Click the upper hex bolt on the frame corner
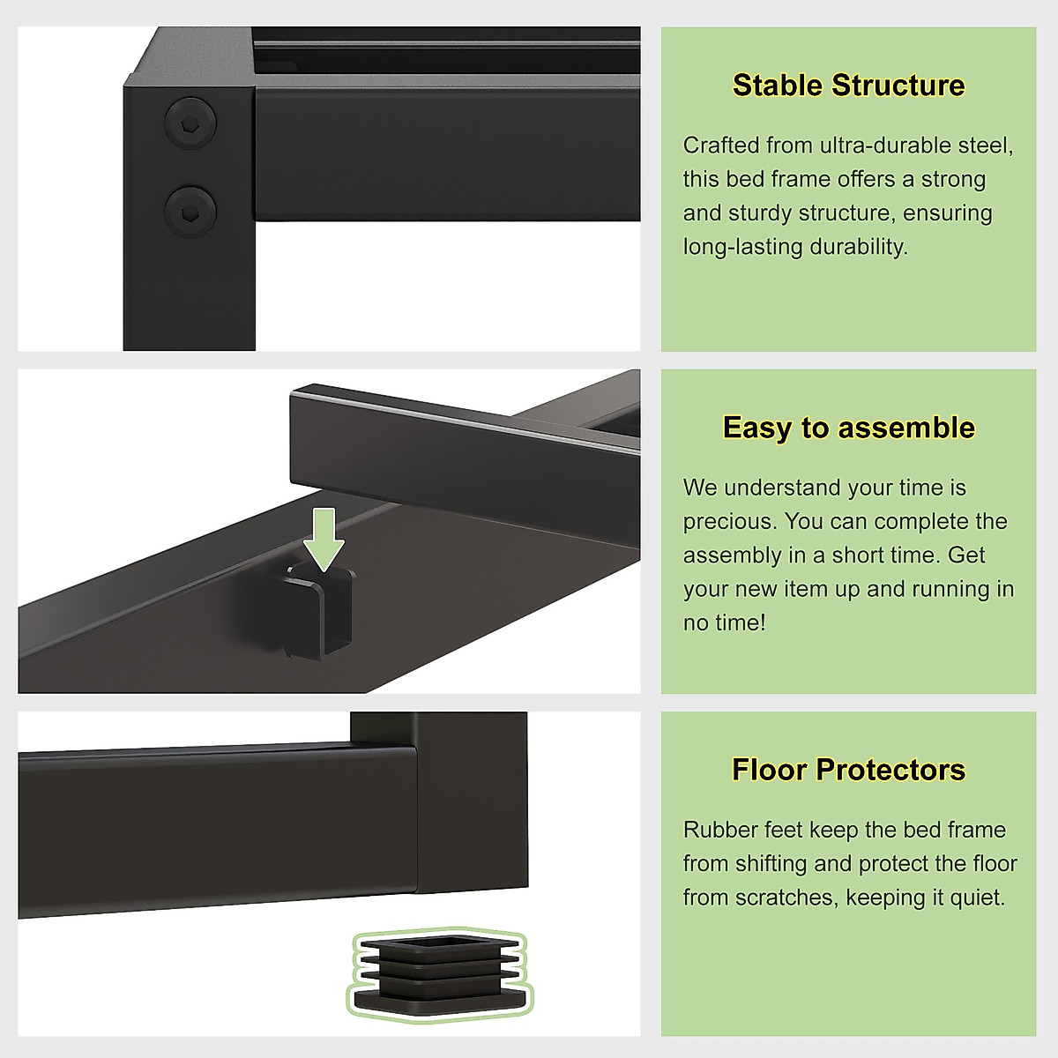190,123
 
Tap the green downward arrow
324,538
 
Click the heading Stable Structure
848,86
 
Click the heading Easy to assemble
848,428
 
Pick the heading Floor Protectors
848,770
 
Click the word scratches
782,898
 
